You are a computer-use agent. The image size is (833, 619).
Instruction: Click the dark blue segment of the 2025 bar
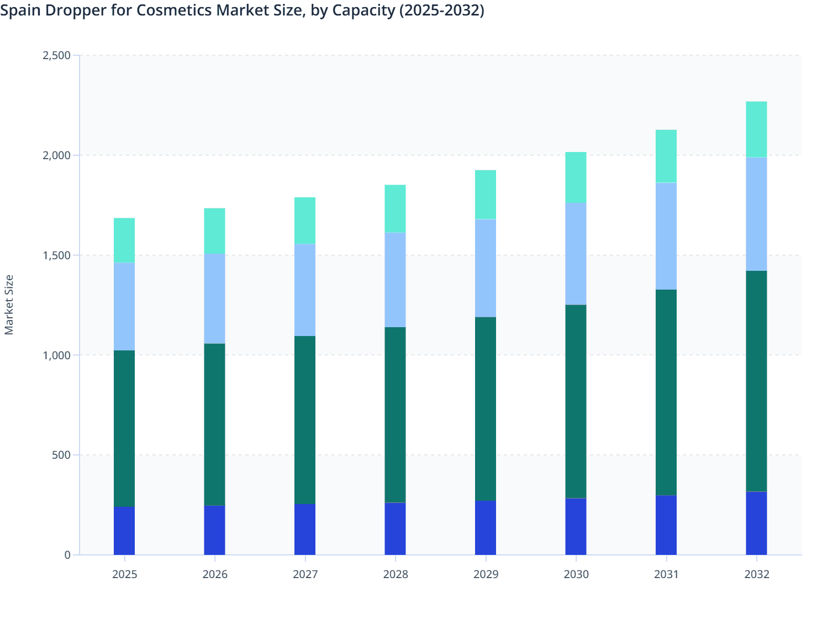tap(124, 531)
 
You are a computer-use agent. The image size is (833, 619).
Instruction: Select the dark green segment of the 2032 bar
tap(756, 381)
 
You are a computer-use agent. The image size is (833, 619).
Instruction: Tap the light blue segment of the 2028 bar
tap(395, 280)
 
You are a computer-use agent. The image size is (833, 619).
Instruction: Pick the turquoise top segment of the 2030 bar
tap(576, 177)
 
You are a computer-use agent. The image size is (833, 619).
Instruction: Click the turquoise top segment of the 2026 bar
tap(214, 231)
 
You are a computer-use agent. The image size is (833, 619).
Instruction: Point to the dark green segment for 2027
tap(305, 420)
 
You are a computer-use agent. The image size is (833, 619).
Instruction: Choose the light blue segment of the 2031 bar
tap(666, 236)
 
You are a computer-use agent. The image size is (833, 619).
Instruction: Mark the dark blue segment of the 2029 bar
tap(486, 528)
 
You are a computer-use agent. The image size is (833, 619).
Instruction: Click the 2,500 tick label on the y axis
tap(56, 55)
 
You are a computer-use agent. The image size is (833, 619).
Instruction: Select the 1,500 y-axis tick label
tap(56, 255)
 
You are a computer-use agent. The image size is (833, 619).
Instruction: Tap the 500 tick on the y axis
tap(62, 455)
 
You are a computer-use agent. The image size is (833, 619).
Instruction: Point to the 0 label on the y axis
tap(67, 555)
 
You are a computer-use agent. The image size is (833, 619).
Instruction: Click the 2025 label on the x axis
tap(124, 574)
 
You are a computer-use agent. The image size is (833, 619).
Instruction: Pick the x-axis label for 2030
tap(576, 574)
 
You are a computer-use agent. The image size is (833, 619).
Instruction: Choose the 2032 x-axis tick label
tap(756, 574)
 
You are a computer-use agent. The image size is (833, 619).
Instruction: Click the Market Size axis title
tap(9, 305)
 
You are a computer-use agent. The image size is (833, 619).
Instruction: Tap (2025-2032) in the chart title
tap(441, 10)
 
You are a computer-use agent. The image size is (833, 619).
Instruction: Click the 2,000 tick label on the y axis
tap(56, 155)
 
